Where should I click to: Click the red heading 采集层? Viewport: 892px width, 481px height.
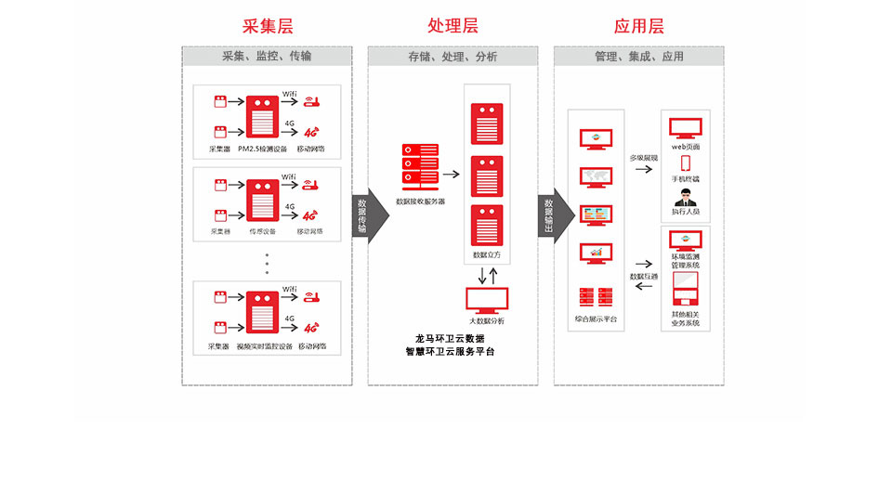267,26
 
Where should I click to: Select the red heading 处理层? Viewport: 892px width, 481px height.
453,26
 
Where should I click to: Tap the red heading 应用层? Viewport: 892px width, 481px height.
639,26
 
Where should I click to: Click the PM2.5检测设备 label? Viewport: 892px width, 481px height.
263,149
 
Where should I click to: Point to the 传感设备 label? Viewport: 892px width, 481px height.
263,231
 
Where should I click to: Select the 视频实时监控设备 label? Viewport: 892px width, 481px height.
264,346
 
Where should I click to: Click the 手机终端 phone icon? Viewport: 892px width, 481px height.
686,163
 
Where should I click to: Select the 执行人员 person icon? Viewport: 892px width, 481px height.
686,197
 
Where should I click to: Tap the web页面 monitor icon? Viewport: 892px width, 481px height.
686,127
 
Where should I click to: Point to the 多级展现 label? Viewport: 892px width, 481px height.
643,158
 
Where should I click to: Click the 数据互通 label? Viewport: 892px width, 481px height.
643,276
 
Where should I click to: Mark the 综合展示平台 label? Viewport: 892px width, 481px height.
595,319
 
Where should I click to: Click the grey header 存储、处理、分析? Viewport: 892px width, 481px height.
453,57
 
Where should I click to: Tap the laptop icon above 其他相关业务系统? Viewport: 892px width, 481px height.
686,292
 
